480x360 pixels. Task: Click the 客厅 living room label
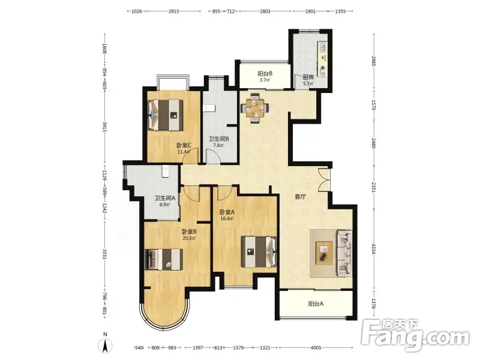[x=301, y=197]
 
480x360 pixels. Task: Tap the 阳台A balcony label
[x=316, y=304]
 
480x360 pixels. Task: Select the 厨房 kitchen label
[x=308, y=77]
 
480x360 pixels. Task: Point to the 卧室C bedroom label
[x=184, y=145]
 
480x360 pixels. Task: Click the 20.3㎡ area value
[x=189, y=238]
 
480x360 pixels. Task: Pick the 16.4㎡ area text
[x=227, y=218]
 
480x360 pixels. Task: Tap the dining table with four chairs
[x=254, y=108]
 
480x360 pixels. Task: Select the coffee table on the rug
[x=324, y=251]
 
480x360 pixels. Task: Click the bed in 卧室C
[x=166, y=115]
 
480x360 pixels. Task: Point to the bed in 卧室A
[x=259, y=251]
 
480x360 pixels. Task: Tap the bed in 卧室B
[x=163, y=259]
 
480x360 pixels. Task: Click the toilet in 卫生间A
[x=166, y=172]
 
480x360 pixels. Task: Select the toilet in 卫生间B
[x=209, y=108]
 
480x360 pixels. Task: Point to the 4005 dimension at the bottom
[x=316, y=347]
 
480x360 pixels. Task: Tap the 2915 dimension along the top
[x=173, y=11]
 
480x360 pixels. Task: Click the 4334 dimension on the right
[x=373, y=248]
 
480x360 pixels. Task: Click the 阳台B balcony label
[x=265, y=73]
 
